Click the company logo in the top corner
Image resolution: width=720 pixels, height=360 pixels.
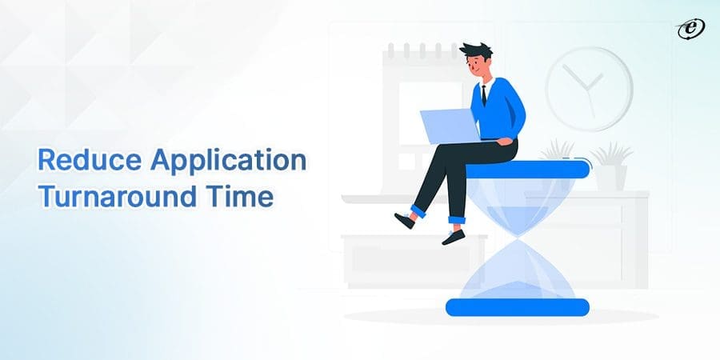(x=686, y=29)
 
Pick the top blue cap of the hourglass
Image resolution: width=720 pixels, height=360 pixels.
(x=528, y=170)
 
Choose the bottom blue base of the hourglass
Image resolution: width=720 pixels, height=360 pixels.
(x=517, y=306)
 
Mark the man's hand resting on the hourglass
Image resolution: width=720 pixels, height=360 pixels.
(x=504, y=142)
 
